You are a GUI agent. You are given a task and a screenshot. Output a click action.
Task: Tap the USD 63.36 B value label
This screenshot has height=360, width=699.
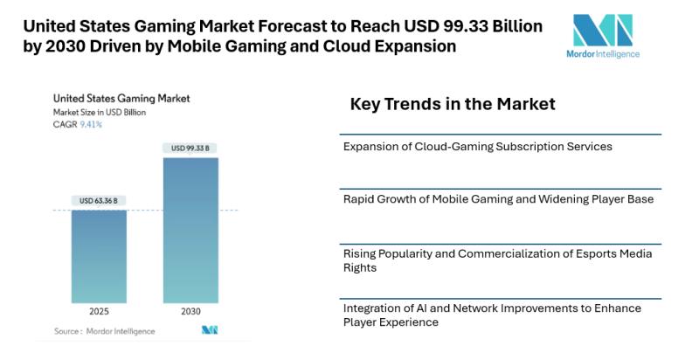[99, 201]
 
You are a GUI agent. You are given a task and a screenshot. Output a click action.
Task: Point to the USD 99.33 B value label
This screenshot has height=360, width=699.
[190, 149]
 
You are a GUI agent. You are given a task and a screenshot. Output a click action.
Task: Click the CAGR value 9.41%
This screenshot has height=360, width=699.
[91, 125]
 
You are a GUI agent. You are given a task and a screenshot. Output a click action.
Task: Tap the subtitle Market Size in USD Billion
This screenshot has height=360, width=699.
[100, 113]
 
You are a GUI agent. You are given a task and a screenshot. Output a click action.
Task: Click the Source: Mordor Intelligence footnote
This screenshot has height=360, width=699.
[104, 331]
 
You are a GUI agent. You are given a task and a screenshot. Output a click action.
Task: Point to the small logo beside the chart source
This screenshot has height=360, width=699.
[209, 330]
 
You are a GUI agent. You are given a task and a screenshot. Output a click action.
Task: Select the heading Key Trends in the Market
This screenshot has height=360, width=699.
[453, 105]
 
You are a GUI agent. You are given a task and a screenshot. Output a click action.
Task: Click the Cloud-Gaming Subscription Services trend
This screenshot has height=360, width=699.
[477, 146]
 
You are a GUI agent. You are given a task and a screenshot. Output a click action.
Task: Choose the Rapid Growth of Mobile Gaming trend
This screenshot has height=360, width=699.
[498, 199]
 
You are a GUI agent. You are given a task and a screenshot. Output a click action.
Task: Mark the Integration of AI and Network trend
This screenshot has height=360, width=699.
[492, 315]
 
